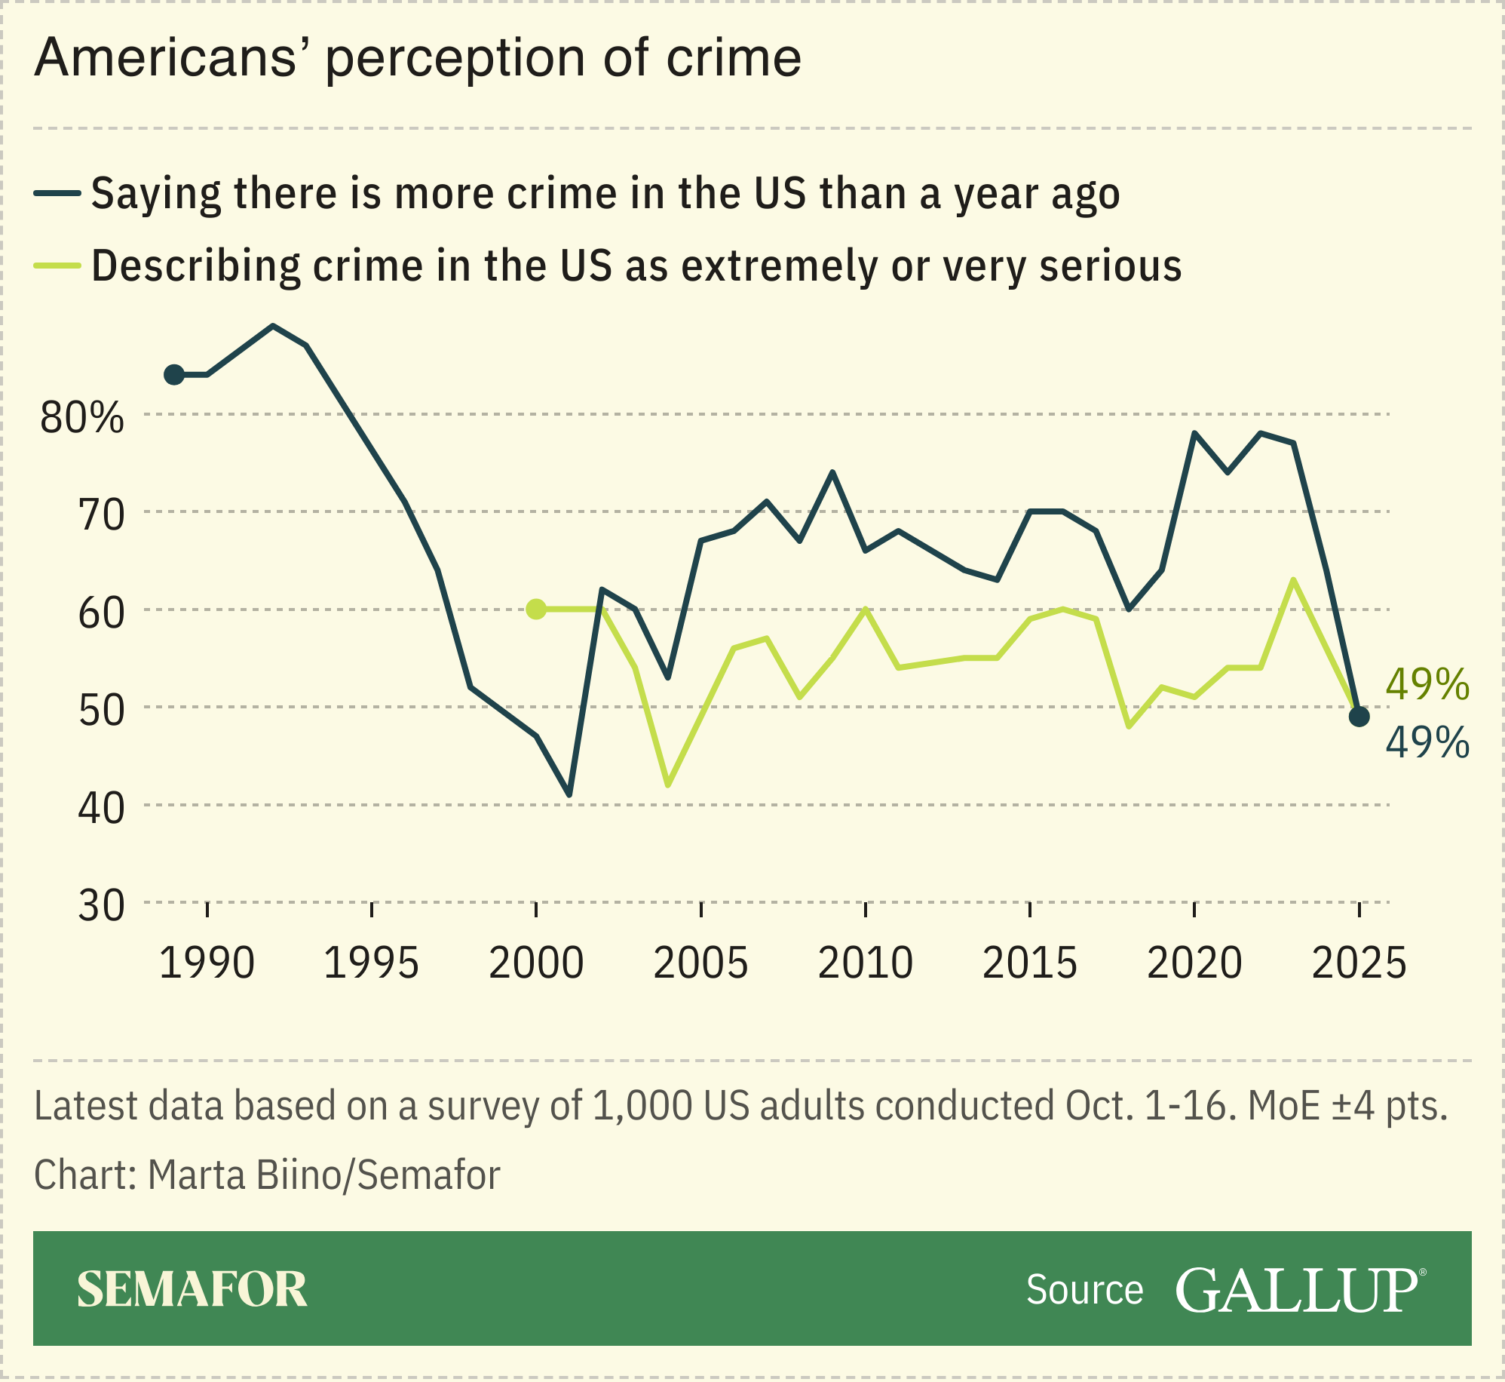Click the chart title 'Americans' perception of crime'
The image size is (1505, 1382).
point(418,58)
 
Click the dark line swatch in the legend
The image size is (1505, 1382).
point(57,194)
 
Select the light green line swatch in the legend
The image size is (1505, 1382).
point(57,266)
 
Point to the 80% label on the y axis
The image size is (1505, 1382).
point(81,417)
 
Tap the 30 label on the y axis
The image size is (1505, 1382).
point(101,905)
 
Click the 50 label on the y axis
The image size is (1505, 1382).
point(101,710)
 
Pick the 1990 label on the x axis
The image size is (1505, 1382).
point(207,963)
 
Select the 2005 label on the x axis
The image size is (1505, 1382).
point(700,963)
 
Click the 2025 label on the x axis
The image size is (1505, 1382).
point(1359,963)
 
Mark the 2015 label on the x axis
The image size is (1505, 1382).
point(1030,963)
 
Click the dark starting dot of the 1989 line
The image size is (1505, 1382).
point(174,375)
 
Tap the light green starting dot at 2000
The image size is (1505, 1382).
point(536,609)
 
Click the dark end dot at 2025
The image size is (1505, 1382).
point(1359,717)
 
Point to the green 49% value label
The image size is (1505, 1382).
point(1427,685)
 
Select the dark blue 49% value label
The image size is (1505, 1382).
point(1427,743)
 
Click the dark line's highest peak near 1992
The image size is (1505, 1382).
point(273,326)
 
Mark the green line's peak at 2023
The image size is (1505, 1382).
point(1293,580)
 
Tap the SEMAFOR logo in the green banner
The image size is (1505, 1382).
point(192,1289)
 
